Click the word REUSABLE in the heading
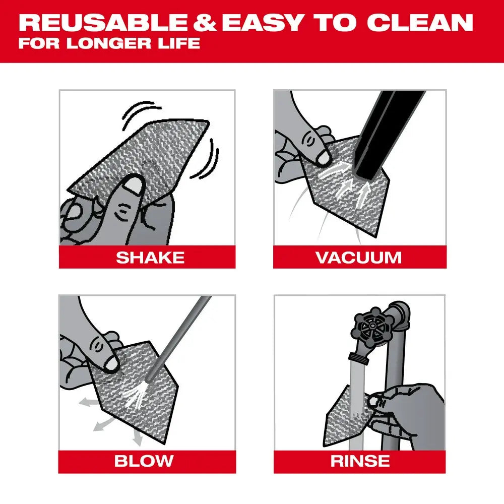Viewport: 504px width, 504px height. pyautogui.click(x=99, y=23)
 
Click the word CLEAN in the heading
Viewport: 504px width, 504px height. pyautogui.click(x=420, y=23)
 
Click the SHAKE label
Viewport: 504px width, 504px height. pyautogui.click(x=150, y=258)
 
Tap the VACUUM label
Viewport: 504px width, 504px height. pyautogui.click(x=359, y=258)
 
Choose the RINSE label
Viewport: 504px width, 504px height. pyautogui.click(x=360, y=461)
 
